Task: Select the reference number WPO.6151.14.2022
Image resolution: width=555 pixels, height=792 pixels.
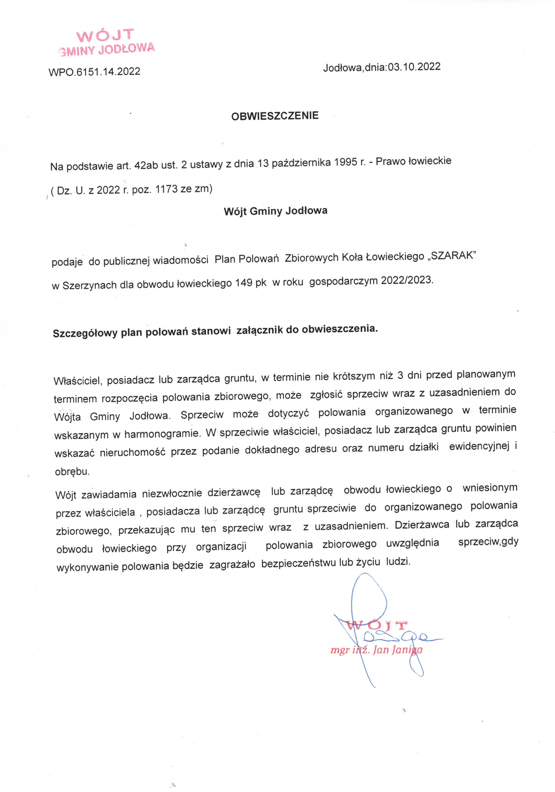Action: [94, 71]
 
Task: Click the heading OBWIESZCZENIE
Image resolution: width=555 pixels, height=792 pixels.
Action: [275, 116]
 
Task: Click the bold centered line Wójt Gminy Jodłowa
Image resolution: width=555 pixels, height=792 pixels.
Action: [276, 211]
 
